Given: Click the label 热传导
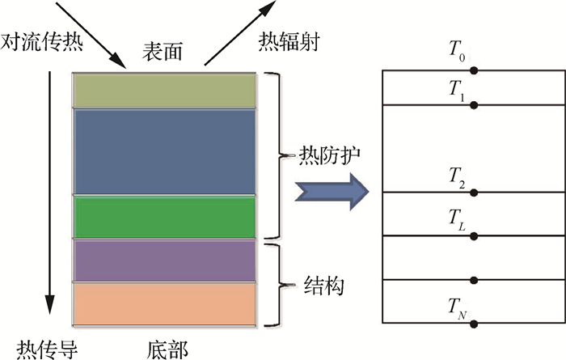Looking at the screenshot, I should point(39,348).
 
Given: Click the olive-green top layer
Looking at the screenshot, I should point(164,90).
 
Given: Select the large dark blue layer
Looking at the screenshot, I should point(164,151).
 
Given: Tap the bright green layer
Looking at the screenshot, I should point(164,216).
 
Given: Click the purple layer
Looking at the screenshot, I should point(164,260).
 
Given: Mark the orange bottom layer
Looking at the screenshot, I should point(164,303).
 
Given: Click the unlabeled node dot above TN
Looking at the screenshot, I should point(474,280).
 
